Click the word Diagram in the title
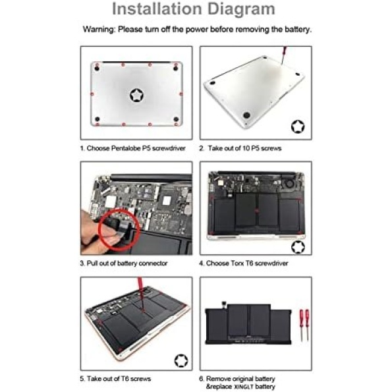point(241,9)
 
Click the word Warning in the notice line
point(99,30)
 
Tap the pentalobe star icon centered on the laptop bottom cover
point(137,96)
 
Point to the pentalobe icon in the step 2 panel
point(298,126)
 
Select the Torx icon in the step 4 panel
point(298,247)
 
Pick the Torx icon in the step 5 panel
point(181,360)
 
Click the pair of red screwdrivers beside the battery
point(304,325)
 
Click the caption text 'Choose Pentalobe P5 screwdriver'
point(136,148)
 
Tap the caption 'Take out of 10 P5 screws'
point(244,148)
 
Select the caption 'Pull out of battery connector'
point(127,264)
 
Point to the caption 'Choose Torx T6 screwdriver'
point(247,264)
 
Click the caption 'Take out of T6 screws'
point(119,379)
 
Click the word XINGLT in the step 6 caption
point(244,387)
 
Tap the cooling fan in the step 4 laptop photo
point(289,184)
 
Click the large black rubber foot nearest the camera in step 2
point(246,115)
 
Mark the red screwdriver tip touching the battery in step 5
point(143,311)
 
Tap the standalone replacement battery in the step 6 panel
point(248,324)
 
